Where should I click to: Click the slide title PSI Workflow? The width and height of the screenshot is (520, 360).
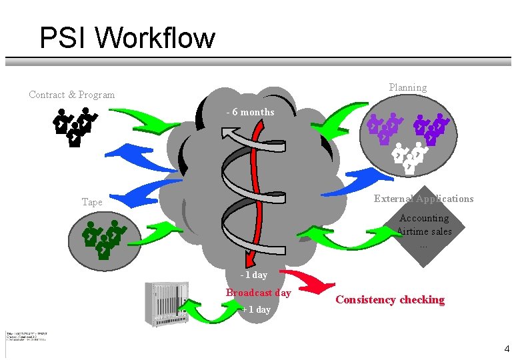pyautogui.click(x=127, y=38)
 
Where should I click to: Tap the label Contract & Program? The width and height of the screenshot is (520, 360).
pyautogui.click(x=72, y=95)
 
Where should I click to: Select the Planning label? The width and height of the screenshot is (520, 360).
pyautogui.click(x=407, y=87)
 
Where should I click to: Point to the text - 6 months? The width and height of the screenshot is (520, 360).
pyautogui.click(x=250, y=112)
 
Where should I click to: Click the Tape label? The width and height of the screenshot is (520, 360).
pyautogui.click(x=92, y=201)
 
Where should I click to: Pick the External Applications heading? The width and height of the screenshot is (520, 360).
pyautogui.click(x=423, y=199)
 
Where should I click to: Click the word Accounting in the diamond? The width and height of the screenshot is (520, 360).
pyautogui.click(x=424, y=218)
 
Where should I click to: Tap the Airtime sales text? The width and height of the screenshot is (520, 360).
pyautogui.click(x=425, y=231)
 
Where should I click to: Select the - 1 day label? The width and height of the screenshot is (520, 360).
pyautogui.click(x=254, y=275)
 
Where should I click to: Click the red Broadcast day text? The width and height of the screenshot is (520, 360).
pyautogui.click(x=258, y=293)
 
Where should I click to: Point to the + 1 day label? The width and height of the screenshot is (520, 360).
pyautogui.click(x=256, y=309)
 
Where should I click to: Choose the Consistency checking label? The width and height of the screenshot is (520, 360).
pyautogui.click(x=390, y=300)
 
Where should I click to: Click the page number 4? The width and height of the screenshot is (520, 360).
pyautogui.click(x=507, y=349)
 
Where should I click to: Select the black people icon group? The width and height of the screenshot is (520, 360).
pyautogui.click(x=75, y=126)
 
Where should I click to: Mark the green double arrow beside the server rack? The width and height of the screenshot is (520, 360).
pyautogui.click(x=209, y=310)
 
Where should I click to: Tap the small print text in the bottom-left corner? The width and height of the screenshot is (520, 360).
pyautogui.click(x=27, y=336)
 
